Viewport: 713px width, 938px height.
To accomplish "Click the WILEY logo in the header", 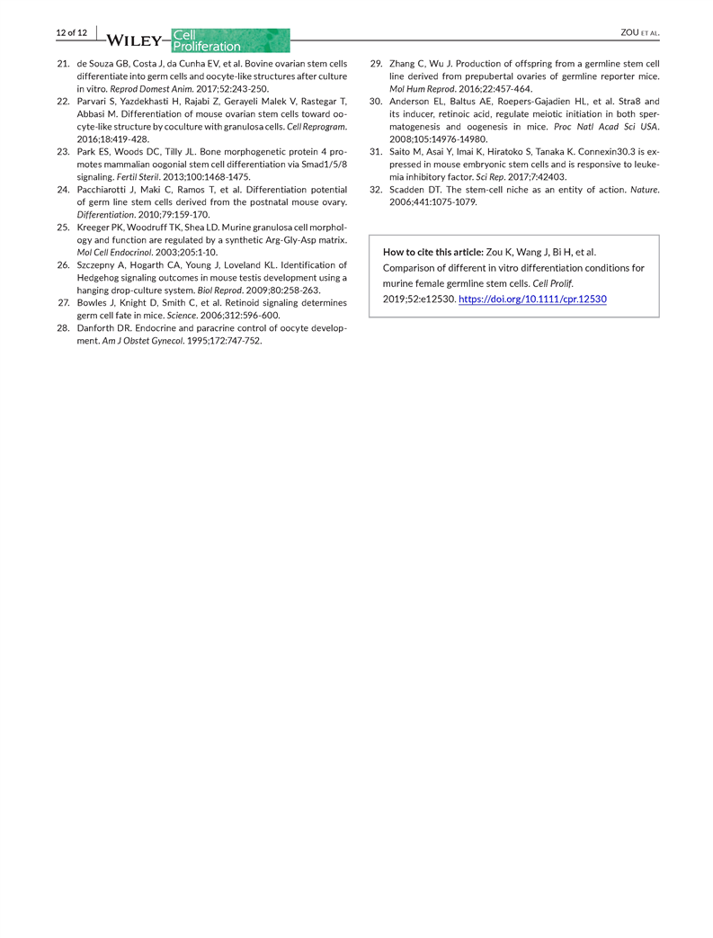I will coord(136,40).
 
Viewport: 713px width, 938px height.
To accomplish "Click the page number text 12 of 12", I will coord(71,33).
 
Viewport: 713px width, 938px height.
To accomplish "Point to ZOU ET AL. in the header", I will coord(640,33).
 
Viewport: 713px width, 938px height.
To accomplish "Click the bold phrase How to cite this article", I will coord(433,252).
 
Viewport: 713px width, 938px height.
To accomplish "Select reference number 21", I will coord(63,65).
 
